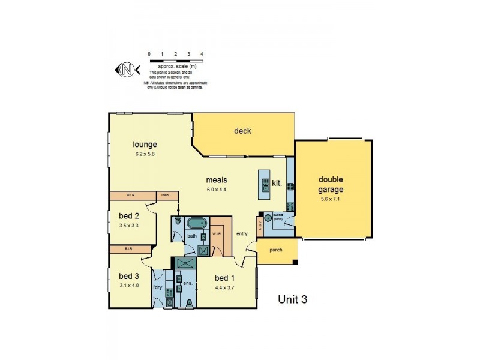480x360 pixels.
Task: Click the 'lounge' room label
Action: (x=145, y=145)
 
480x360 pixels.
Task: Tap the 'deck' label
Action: (x=242, y=131)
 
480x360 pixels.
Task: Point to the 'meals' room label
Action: (x=216, y=179)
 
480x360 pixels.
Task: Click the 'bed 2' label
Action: (x=128, y=217)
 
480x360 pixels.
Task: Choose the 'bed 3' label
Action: (x=128, y=276)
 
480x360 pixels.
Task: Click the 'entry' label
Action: (x=242, y=234)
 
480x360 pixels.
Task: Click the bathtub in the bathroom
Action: (x=196, y=224)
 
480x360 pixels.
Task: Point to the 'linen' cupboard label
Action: (x=163, y=195)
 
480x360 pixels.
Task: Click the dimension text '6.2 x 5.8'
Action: (x=145, y=154)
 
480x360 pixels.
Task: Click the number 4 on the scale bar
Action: (x=202, y=54)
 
